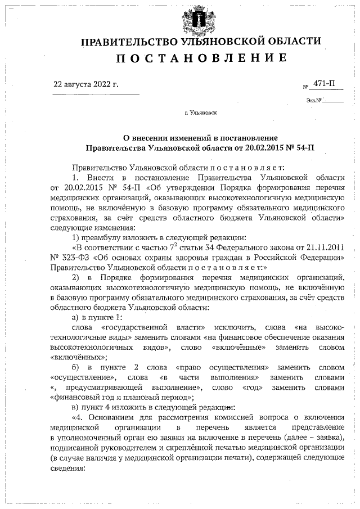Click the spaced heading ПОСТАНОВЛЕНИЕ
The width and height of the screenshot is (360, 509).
pos(200,58)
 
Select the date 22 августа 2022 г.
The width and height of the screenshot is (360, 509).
pos(85,85)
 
